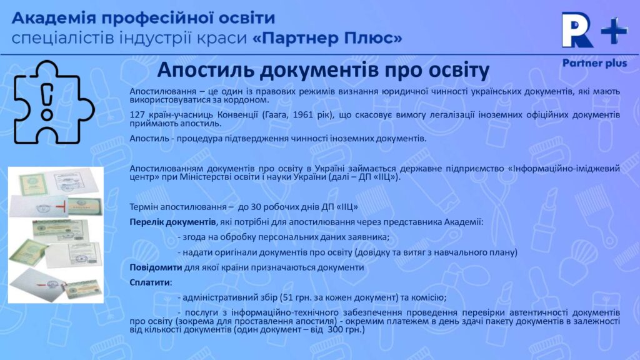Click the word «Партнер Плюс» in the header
(x=327, y=39)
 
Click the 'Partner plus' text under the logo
(x=594, y=63)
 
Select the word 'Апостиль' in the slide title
(x=201, y=69)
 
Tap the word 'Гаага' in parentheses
(x=262, y=115)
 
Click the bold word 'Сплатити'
(x=149, y=282)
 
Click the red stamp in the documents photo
(x=61, y=207)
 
